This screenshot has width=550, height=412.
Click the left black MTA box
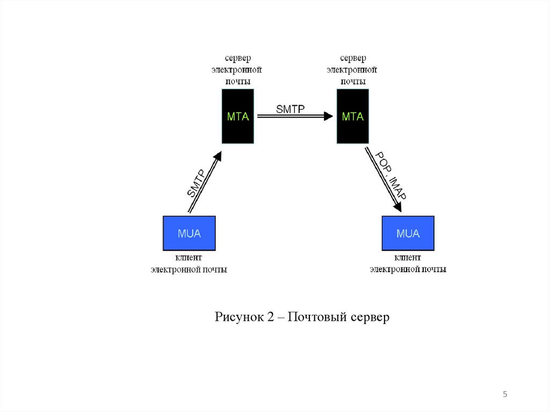coord(238,116)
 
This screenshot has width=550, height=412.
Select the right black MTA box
coord(353,116)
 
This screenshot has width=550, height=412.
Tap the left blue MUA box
coord(189,233)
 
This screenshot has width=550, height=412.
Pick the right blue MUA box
coord(408,233)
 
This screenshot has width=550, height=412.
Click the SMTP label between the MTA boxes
coord(290,109)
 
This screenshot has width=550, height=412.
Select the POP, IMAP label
coord(390,176)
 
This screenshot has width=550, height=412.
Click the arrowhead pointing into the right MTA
coord(328,116)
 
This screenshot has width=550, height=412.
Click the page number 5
coord(505,395)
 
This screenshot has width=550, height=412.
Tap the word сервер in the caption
coord(370,317)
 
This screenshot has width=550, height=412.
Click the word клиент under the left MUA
coord(189,259)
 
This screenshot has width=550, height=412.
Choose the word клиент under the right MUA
coord(408,259)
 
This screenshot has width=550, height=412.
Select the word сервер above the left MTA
coord(238,58)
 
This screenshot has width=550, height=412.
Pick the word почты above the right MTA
coord(353,82)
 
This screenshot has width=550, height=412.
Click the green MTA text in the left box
coord(238,116)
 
